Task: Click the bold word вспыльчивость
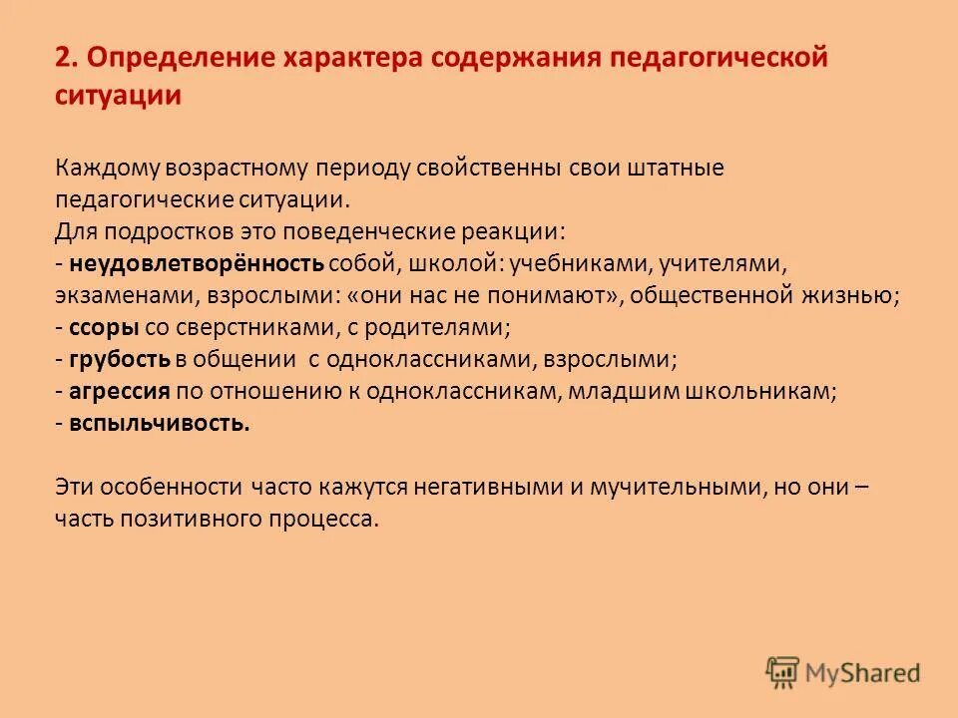tap(160, 424)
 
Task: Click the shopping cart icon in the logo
tap(783, 673)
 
